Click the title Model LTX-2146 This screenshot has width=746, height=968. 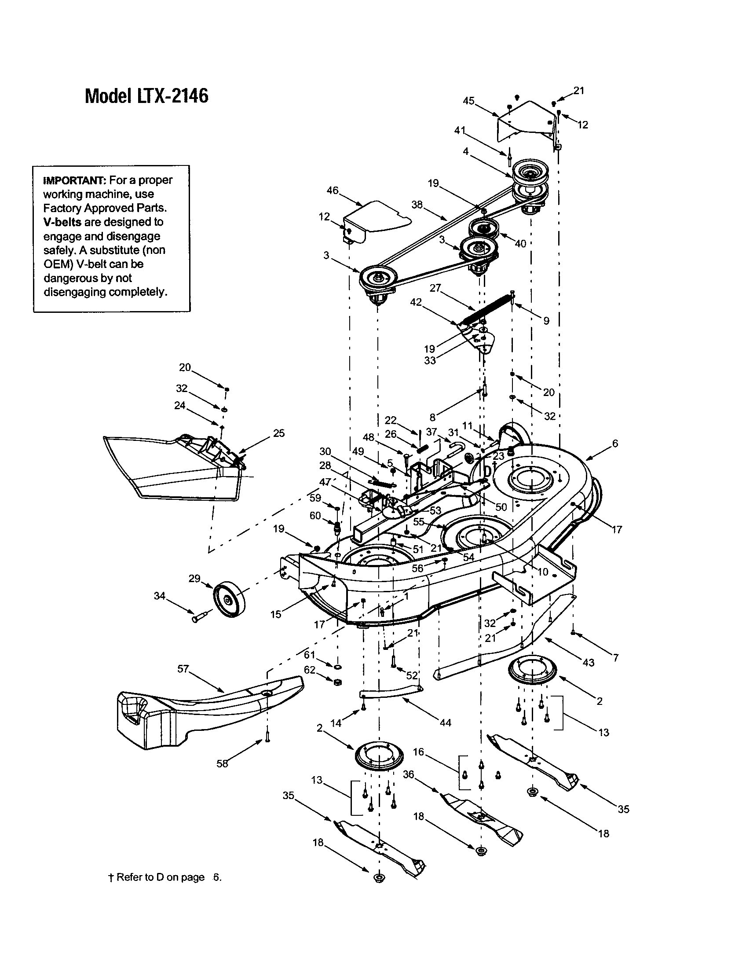point(146,96)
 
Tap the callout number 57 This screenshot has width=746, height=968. point(183,669)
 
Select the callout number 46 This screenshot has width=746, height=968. point(332,191)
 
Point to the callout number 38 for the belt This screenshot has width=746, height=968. point(417,205)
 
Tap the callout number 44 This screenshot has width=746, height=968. point(445,722)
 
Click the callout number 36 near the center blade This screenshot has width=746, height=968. point(409,774)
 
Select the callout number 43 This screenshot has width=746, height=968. point(588,662)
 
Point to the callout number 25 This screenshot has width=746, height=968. point(278,433)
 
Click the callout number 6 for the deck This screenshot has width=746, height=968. point(615,443)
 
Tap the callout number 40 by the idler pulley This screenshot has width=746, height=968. point(520,244)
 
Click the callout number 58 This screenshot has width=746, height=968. point(222,763)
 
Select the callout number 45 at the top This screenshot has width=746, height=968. point(469,101)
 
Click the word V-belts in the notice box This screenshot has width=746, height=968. point(62,222)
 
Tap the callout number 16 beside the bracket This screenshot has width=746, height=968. point(418,752)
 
